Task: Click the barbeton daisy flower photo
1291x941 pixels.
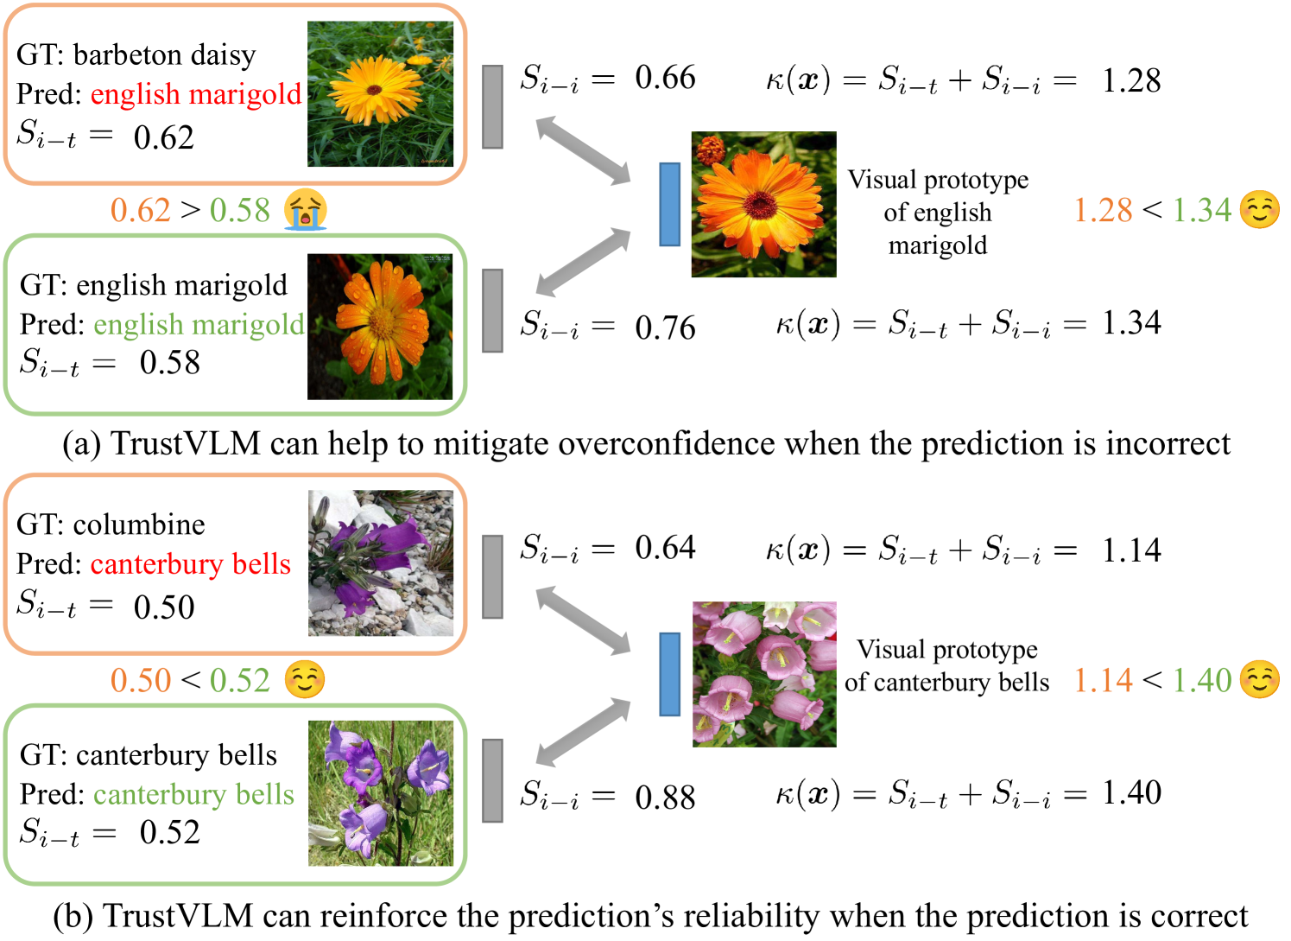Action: pos(380,94)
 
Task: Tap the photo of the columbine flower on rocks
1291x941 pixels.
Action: pos(381,563)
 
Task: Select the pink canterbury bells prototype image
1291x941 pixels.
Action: pos(764,674)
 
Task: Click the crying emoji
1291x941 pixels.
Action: pos(307,210)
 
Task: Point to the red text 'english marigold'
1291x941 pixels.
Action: pos(196,94)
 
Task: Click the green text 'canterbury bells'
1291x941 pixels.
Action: pos(193,794)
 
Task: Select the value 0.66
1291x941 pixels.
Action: pos(665,78)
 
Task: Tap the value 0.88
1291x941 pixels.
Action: pos(665,798)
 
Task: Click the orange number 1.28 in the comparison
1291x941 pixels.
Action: pos(1103,210)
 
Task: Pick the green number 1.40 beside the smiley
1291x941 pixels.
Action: pos(1201,680)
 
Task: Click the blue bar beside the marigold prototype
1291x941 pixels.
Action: pos(669,205)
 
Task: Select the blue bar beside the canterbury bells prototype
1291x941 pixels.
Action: pos(669,674)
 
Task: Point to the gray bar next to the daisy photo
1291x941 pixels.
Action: pos(492,106)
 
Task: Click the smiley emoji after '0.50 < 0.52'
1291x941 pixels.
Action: pos(305,680)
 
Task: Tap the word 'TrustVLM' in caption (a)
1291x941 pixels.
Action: pos(186,443)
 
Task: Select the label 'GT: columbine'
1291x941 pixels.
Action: pos(111,525)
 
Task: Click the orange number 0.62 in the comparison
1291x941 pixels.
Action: pos(140,210)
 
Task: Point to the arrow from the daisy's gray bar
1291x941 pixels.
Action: pos(584,151)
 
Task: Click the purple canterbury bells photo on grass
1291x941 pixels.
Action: pos(381,793)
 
